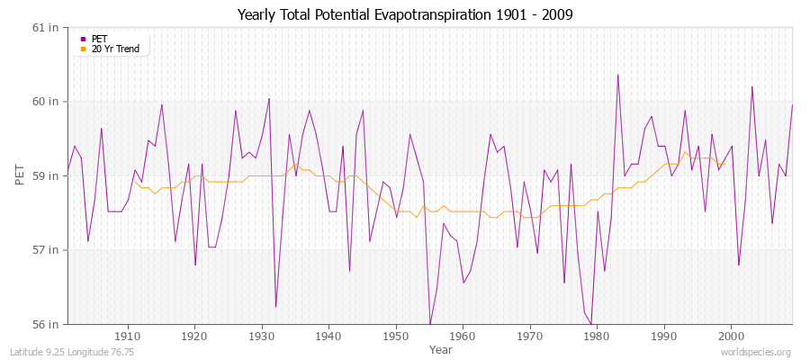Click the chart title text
point(405,14)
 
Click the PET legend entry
point(99,39)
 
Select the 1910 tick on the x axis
point(128,336)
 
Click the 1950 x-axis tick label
point(396,336)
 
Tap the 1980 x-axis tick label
point(597,336)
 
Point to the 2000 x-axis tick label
point(731,336)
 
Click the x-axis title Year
point(441,348)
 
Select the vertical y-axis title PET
point(20,175)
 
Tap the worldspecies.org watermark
point(758,352)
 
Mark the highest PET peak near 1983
point(617,75)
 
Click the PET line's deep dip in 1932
point(275,307)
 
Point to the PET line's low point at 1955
point(430,324)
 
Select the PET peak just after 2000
point(751,86)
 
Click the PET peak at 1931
point(269,98)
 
